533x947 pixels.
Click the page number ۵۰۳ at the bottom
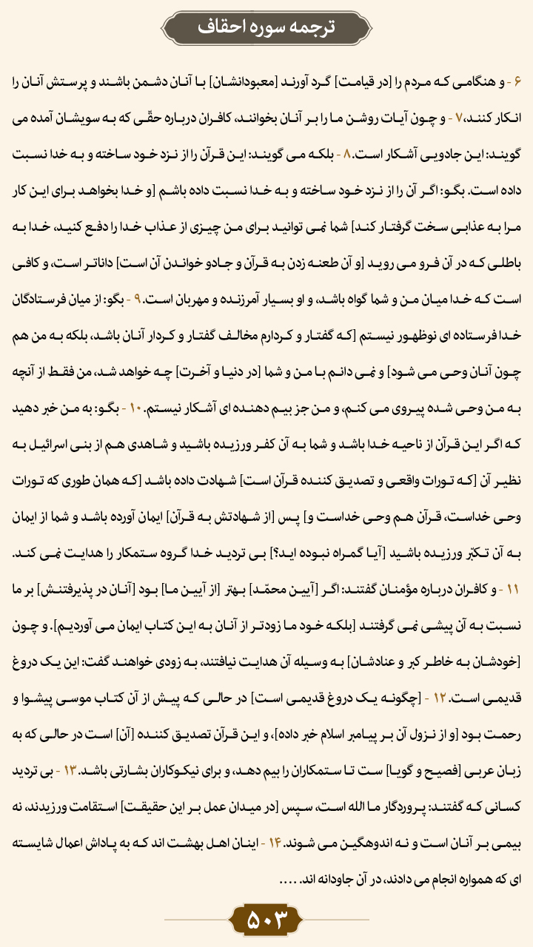pyautogui.click(x=266, y=920)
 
